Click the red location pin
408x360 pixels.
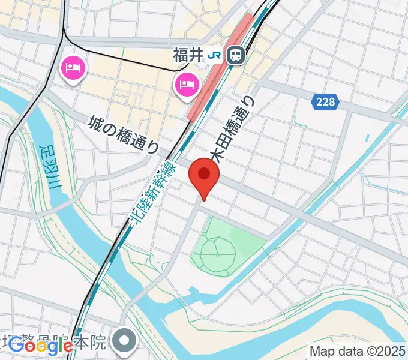click(204, 178)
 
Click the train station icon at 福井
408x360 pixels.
click(236, 56)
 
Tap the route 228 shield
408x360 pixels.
click(326, 102)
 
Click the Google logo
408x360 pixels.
click(40, 345)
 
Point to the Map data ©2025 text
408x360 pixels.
click(356, 351)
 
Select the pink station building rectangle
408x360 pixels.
click(220, 69)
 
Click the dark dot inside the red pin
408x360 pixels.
click(204, 173)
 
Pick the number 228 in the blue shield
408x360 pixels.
click(326, 102)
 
